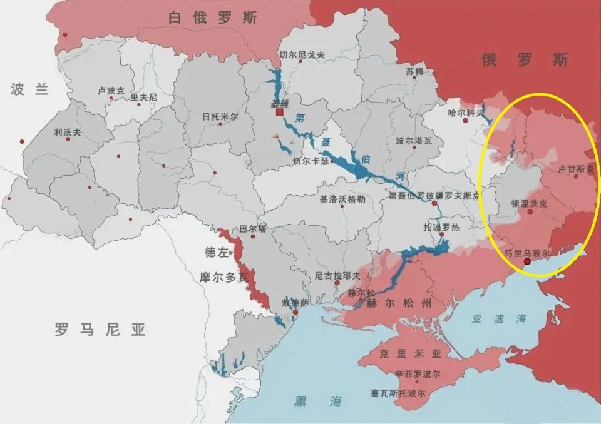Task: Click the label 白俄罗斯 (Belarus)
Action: (212, 18)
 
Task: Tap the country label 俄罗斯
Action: (525, 60)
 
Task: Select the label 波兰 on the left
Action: (29, 89)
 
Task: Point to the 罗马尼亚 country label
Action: (100, 330)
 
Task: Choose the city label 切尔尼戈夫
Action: (302, 55)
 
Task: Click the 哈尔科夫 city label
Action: (466, 113)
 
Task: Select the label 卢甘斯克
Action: (575, 169)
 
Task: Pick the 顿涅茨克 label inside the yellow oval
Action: (529, 203)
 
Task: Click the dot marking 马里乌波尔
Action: (527, 262)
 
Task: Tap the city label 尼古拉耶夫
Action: (337, 275)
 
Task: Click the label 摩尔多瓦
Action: (223, 275)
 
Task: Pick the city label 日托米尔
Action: (220, 117)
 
